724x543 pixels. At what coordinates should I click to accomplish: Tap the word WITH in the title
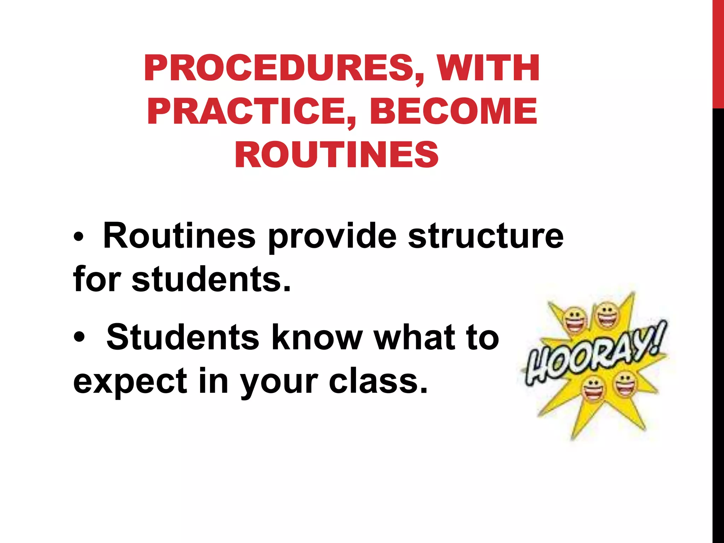488,68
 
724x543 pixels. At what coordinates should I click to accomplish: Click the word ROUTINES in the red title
337,155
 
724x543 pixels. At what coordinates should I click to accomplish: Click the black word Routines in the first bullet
179,236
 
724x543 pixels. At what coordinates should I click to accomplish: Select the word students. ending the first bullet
211,279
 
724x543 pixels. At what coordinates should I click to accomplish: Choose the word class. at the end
378,381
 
